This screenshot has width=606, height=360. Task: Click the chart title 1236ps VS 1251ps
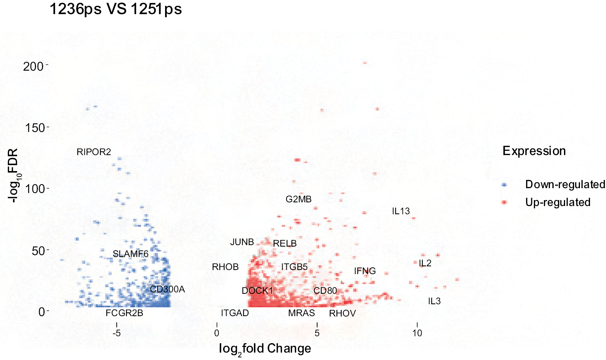click(x=116, y=9)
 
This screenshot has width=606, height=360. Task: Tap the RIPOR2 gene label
click(x=94, y=152)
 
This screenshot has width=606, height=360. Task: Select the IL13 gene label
click(x=401, y=211)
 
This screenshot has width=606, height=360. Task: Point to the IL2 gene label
click(x=425, y=263)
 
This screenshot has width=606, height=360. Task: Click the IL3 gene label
click(x=434, y=301)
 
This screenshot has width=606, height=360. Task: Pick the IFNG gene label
click(x=365, y=271)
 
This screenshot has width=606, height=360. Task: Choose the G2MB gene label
click(x=299, y=199)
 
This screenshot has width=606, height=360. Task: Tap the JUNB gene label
click(x=242, y=242)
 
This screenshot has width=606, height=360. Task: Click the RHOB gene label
click(x=225, y=267)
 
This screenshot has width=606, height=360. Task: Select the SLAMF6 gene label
click(x=130, y=254)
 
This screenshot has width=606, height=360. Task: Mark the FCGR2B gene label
click(x=124, y=313)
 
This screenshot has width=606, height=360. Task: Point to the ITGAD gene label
click(x=235, y=313)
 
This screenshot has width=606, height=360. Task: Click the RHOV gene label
click(x=342, y=314)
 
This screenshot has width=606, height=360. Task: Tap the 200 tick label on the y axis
click(x=33, y=67)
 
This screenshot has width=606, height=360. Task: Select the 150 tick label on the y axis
click(x=35, y=128)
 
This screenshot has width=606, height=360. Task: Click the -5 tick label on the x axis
click(x=117, y=333)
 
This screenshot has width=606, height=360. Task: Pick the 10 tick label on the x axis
click(x=417, y=333)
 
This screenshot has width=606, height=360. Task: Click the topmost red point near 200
click(x=365, y=63)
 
